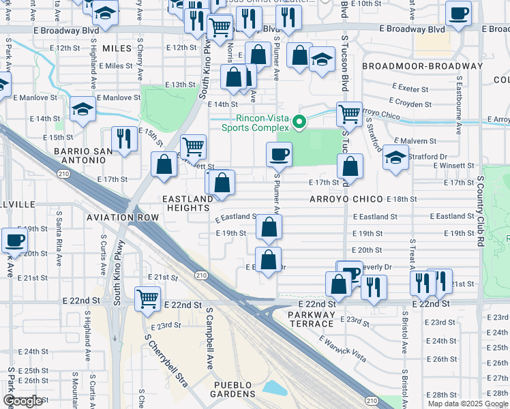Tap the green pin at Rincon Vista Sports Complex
[299, 123]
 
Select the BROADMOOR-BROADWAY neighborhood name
[423, 66]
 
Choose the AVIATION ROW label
[123, 217]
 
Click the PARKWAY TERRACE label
[312, 320]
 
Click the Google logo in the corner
[22, 401]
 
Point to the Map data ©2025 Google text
[468, 404]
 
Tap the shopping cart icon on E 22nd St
[148, 298]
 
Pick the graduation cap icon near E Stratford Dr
[395, 157]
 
